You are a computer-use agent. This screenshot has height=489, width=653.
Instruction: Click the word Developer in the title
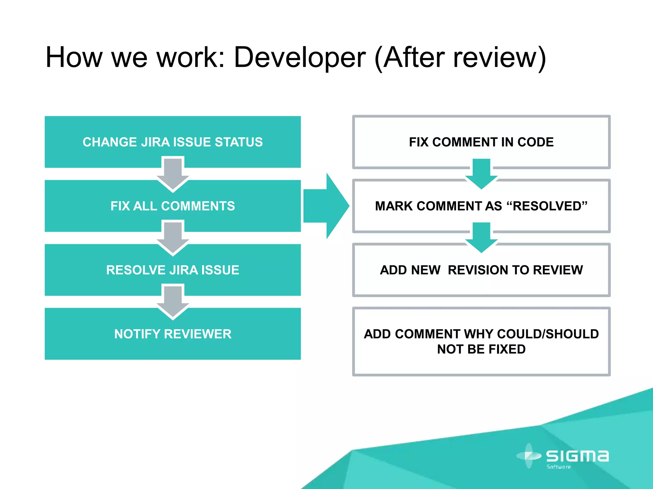coord(300,58)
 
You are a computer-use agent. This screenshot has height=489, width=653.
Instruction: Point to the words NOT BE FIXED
coord(481,349)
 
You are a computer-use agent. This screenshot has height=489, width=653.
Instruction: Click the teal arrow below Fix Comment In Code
coord(481,174)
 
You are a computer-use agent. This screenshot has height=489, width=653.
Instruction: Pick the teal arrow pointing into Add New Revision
coord(481,237)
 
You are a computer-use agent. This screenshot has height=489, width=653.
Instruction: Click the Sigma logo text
coord(577,456)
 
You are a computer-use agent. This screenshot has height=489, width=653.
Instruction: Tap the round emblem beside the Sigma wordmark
coord(529,456)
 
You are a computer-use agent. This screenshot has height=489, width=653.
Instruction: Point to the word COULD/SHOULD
coord(548,334)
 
